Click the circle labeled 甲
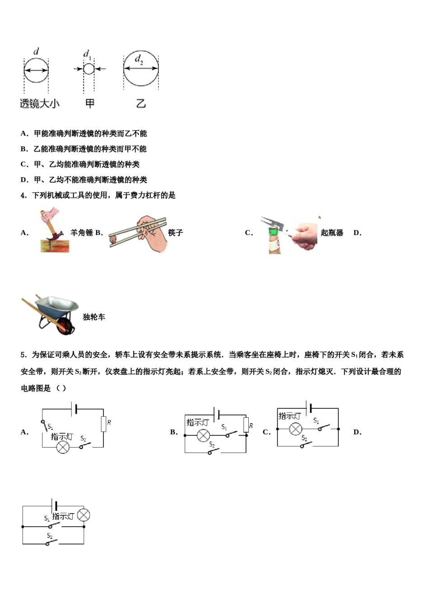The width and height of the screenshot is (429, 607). click(89, 69)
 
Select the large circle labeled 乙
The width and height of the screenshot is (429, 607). click(141, 69)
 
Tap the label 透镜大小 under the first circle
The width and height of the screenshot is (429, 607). click(40, 103)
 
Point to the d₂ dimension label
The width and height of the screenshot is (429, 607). click(139, 59)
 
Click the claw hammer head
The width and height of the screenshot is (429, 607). click(54, 236)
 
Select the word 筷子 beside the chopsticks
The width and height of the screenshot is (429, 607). click(175, 233)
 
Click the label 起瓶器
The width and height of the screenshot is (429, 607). click(332, 233)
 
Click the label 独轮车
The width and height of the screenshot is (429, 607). click(94, 317)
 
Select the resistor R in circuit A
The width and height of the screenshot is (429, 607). click(103, 424)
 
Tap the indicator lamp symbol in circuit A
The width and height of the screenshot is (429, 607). click(63, 447)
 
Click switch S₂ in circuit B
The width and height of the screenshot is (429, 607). click(214, 450)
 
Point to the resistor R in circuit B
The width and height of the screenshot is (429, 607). click(246, 425)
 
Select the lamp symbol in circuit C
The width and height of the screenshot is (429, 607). click(295, 429)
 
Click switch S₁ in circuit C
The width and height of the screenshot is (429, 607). click(323, 427)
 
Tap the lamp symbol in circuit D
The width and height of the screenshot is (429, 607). click(84, 515)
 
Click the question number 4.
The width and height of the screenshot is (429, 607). click(23, 195)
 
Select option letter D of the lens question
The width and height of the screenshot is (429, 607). click(24, 180)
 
